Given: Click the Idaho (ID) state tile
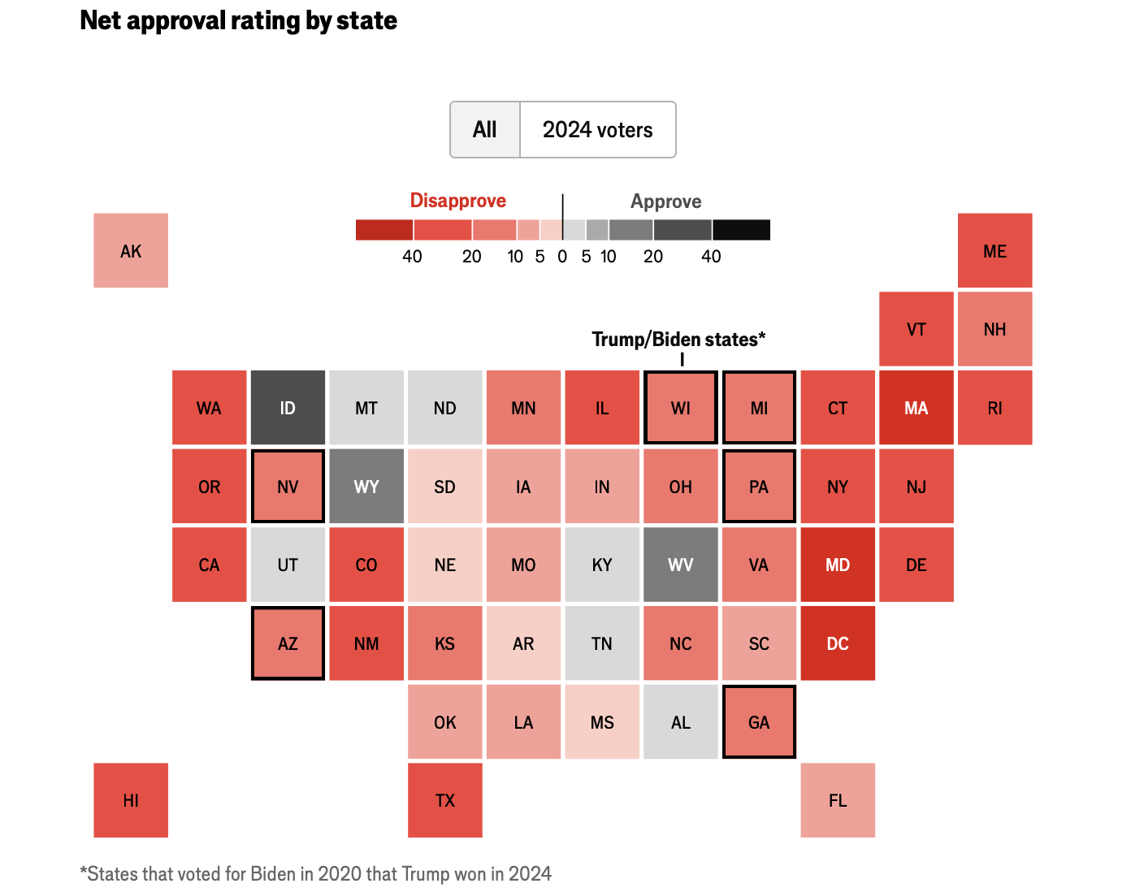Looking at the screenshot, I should coord(288,408).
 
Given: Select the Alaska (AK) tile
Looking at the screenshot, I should coord(131,250).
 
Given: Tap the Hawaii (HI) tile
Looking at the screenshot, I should coord(131,800).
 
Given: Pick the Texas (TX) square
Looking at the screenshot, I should coord(445,800).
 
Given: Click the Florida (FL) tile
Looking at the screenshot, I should coord(838,800).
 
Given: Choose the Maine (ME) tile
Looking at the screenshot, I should coord(994,250).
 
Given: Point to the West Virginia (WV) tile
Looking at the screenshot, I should coord(681,565).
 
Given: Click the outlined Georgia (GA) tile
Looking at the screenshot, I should coord(759,722).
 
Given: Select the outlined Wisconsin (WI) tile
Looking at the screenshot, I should coord(681,408).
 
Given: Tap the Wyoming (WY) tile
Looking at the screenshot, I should coord(366,487).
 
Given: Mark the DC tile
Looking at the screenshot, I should coord(838,643).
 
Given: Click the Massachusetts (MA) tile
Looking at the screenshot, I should coord(916,408).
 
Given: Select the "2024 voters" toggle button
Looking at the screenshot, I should coord(597,130).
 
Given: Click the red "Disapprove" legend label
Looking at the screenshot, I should coord(457,201).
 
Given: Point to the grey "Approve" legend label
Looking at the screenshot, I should coord(665,201).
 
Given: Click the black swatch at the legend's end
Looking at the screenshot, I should coord(741,230).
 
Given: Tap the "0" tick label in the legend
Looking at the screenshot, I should coord(562,257).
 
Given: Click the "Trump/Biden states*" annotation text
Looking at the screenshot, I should coord(678,340).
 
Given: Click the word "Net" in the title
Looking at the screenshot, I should coord(101,20).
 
